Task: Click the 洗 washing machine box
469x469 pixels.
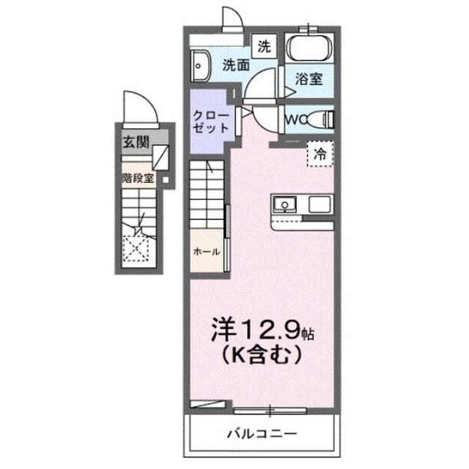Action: click(263, 46)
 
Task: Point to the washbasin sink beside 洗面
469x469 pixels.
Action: click(199, 65)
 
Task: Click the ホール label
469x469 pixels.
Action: click(207, 251)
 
